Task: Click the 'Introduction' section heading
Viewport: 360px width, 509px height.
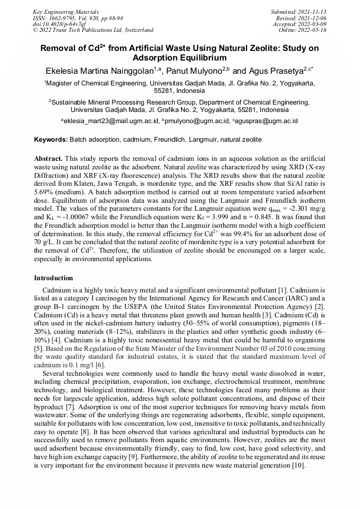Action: point(54,278)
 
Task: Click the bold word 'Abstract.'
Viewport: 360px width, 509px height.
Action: point(48,159)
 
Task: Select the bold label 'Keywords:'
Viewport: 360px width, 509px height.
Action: point(51,140)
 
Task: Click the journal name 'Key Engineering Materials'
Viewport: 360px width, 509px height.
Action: point(66,12)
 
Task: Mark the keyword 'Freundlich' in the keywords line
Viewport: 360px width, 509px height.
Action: point(170,140)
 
